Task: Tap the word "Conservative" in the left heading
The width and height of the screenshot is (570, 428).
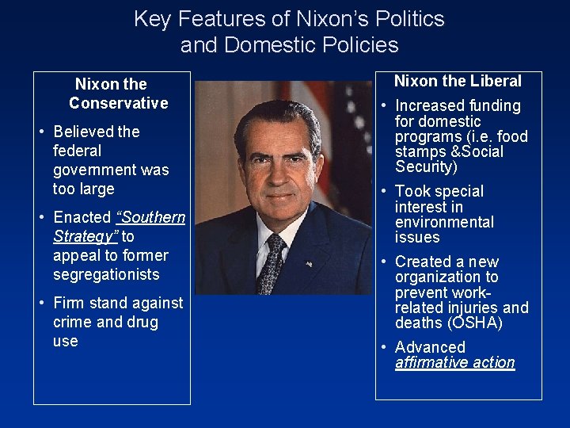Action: [x=119, y=103]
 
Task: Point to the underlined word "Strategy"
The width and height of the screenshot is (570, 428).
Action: [x=85, y=236]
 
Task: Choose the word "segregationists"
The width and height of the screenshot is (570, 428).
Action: [x=106, y=274]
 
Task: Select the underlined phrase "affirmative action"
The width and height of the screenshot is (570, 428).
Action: [x=455, y=362]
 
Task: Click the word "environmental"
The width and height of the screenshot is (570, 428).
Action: [x=444, y=222]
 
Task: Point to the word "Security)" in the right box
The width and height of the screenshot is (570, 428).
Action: [x=427, y=166]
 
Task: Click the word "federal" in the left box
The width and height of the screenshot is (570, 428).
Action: [x=77, y=151]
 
